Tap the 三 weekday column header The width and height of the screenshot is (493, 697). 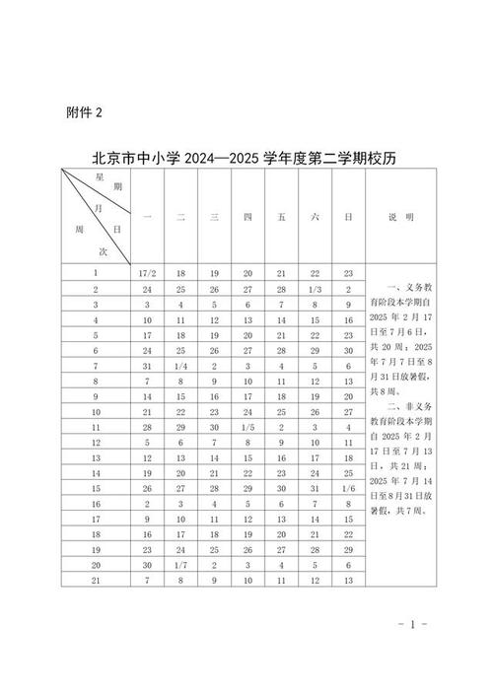tap(214, 216)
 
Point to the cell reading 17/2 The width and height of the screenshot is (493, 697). tap(147, 273)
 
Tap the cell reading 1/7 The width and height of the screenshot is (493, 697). tap(180, 564)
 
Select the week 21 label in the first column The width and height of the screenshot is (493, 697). tap(96, 580)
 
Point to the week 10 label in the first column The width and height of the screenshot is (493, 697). tap(96, 411)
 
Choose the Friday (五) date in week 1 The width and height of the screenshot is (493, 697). tap(281, 273)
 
